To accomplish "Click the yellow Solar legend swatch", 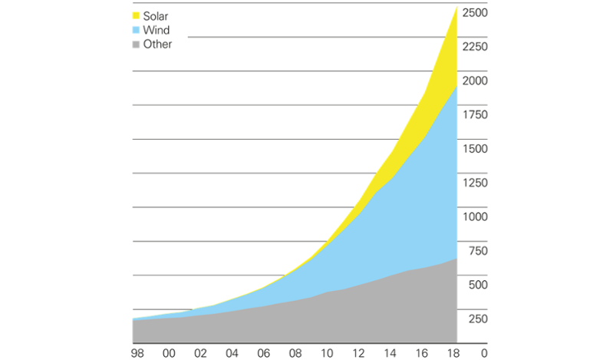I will tap(137, 16).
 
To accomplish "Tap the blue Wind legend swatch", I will tap(137, 31).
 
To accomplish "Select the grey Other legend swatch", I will tap(137, 45).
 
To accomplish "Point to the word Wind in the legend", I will tap(157, 31).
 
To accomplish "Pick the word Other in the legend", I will tap(158, 45).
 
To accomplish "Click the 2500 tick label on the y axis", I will tap(474, 13).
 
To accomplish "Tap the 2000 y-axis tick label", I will tap(474, 81).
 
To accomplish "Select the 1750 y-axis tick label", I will tap(474, 114).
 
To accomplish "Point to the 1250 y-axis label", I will tap(474, 183).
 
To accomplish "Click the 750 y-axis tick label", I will tap(477, 250).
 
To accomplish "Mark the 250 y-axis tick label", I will tap(477, 319).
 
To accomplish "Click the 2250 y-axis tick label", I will tap(474, 47).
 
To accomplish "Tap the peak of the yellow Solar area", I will tap(456, 8).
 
